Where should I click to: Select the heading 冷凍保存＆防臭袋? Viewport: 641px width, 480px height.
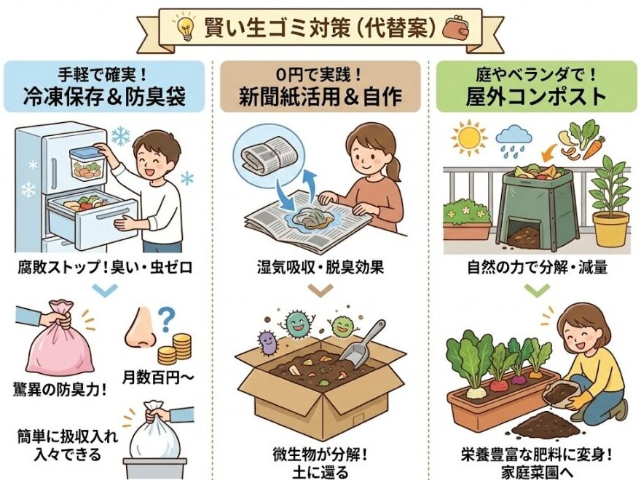point(103,95)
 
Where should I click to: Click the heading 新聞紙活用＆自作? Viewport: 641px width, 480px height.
point(320,95)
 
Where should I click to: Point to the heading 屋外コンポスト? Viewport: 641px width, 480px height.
point(538,95)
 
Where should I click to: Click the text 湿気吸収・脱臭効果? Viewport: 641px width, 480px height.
point(320,267)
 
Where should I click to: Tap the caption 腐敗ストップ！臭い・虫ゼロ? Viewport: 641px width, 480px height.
point(103,267)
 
